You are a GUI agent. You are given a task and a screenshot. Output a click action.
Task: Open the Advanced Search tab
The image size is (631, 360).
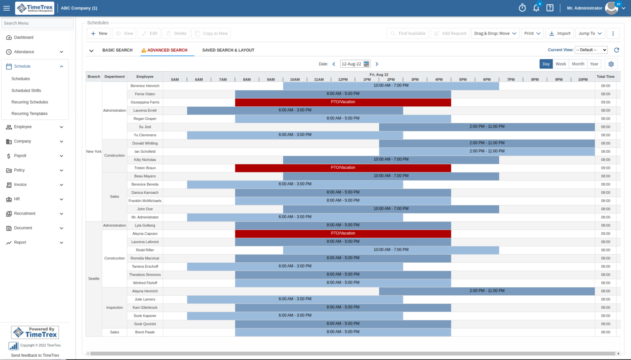[x=167, y=50]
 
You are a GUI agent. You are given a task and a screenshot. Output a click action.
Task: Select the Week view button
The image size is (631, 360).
[x=560, y=64]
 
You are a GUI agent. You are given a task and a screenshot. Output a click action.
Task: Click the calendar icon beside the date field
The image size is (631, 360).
[x=366, y=64]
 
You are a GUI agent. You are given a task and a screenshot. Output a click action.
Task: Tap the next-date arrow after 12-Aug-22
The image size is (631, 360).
[x=377, y=64]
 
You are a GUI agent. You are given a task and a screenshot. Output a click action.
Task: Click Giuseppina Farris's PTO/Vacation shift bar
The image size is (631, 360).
[x=343, y=102]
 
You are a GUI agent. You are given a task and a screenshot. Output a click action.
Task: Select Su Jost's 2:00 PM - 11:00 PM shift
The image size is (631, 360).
[x=486, y=127]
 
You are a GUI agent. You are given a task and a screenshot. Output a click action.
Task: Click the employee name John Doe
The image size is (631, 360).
[x=145, y=209]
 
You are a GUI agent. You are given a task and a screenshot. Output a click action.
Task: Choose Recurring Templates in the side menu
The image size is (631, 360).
[x=30, y=114]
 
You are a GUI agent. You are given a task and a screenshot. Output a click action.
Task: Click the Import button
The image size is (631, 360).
[x=560, y=34]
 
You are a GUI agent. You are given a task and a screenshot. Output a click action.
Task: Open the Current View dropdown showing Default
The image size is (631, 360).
[x=591, y=50]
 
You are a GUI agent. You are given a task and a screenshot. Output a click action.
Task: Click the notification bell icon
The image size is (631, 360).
[x=536, y=8]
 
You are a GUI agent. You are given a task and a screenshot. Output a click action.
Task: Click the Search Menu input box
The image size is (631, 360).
[x=37, y=23]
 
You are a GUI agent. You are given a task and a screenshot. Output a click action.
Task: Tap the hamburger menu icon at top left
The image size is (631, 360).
[x=7, y=8]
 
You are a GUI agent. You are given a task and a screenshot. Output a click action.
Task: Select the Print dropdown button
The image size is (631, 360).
[x=532, y=34]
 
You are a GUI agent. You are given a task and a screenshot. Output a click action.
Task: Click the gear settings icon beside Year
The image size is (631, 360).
[x=611, y=64]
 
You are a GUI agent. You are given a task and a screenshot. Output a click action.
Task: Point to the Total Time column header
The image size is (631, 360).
[x=606, y=77]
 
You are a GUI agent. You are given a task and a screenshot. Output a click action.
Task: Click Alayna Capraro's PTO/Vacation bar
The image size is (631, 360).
[x=343, y=234]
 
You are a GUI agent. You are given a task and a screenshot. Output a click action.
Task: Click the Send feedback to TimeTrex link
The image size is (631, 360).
[x=35, y=355]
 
